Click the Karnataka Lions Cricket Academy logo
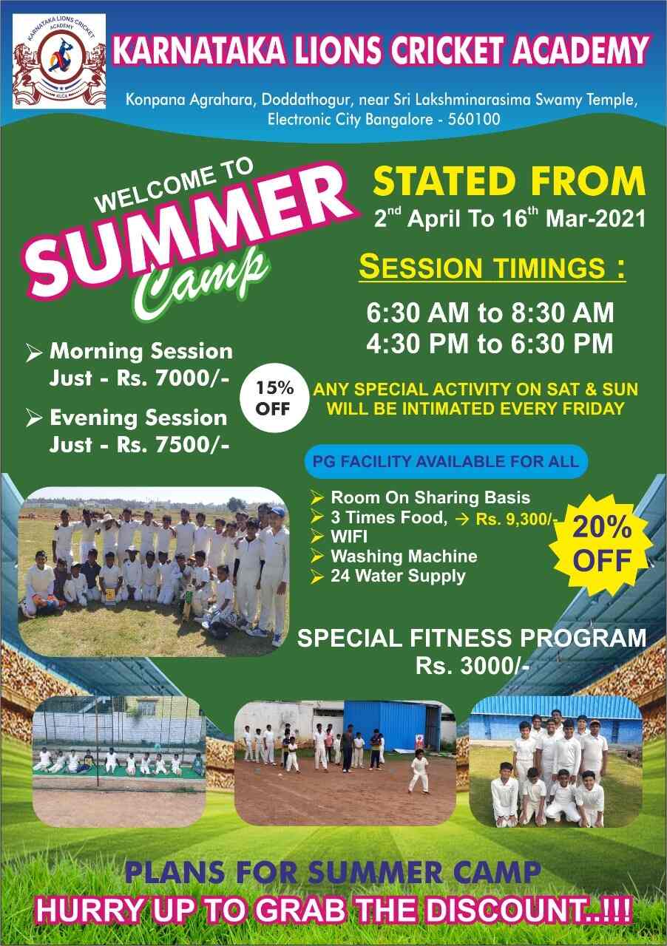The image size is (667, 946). coord(59,61)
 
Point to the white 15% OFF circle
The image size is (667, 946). coord(274,398)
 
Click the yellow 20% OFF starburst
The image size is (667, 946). coord(600,544)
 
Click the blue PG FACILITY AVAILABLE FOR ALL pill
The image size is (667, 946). coord(446,461)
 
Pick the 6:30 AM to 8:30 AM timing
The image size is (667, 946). coord(490,313)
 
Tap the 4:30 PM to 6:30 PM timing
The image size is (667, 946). coord(490,343)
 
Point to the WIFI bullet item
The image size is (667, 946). coord(349,537)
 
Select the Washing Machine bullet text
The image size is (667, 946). coord(404,557)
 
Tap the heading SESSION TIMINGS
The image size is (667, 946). coord(492,267)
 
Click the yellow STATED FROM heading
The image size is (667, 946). coord(509,181)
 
